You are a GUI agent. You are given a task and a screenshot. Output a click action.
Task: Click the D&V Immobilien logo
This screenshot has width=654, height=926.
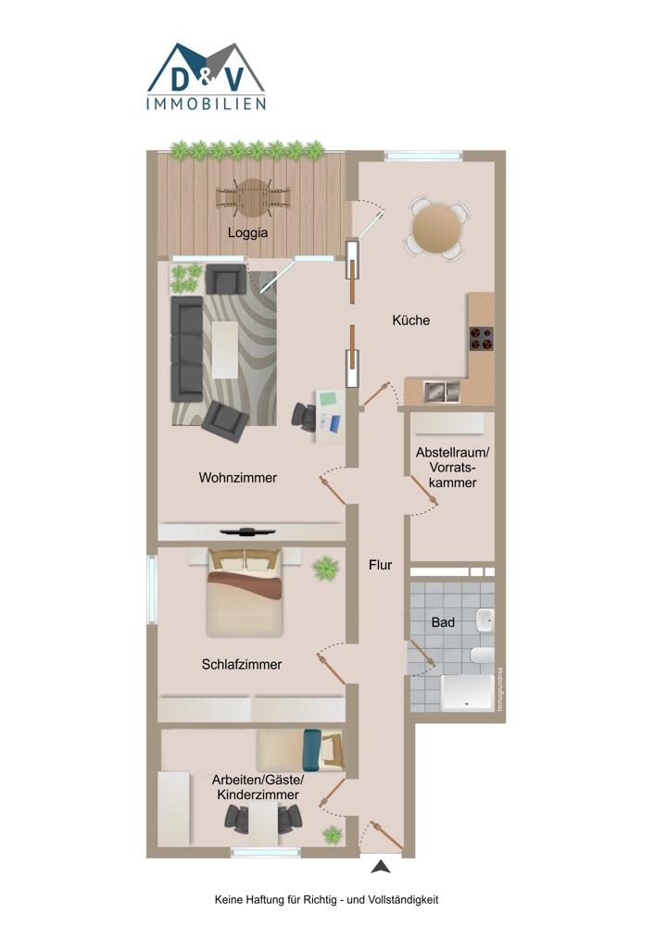point(206,76)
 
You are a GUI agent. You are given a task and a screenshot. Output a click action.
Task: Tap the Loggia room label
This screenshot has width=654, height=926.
point(247,232)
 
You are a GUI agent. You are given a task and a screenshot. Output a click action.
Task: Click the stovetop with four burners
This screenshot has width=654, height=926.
point(481,338)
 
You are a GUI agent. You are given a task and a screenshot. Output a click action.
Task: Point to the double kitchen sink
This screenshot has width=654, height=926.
point(441,392)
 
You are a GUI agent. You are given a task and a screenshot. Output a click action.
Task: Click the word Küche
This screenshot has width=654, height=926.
point(410,320)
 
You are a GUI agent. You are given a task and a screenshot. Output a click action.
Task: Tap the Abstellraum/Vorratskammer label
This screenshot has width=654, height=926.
point(453,468)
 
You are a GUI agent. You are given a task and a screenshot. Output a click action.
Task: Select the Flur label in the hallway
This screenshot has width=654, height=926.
point(381,565)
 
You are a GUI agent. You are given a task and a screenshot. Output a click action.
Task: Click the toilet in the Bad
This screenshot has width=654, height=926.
point(483,656)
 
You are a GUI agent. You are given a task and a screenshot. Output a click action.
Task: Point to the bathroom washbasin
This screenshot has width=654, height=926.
point(485,619)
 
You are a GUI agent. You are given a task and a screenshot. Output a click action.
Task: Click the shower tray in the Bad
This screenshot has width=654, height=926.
point(467,692)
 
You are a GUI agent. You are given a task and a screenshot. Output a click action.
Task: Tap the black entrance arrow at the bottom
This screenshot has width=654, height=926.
point(381,867)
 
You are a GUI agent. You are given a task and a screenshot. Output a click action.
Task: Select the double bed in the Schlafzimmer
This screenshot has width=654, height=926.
point(245,593)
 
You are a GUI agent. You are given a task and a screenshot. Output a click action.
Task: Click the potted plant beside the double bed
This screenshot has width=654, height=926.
point(326,569)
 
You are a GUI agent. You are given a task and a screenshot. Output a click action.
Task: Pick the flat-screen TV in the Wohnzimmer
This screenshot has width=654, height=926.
point(248,532)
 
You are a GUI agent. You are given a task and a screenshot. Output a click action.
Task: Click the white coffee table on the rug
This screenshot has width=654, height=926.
point(225,349)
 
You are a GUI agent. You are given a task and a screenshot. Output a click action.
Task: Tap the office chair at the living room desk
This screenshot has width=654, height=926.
point(304,415)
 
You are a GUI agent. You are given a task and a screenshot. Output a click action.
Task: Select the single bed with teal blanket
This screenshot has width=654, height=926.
point(300,750)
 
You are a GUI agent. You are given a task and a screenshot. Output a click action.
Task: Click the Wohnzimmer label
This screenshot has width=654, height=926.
point(237,478)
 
